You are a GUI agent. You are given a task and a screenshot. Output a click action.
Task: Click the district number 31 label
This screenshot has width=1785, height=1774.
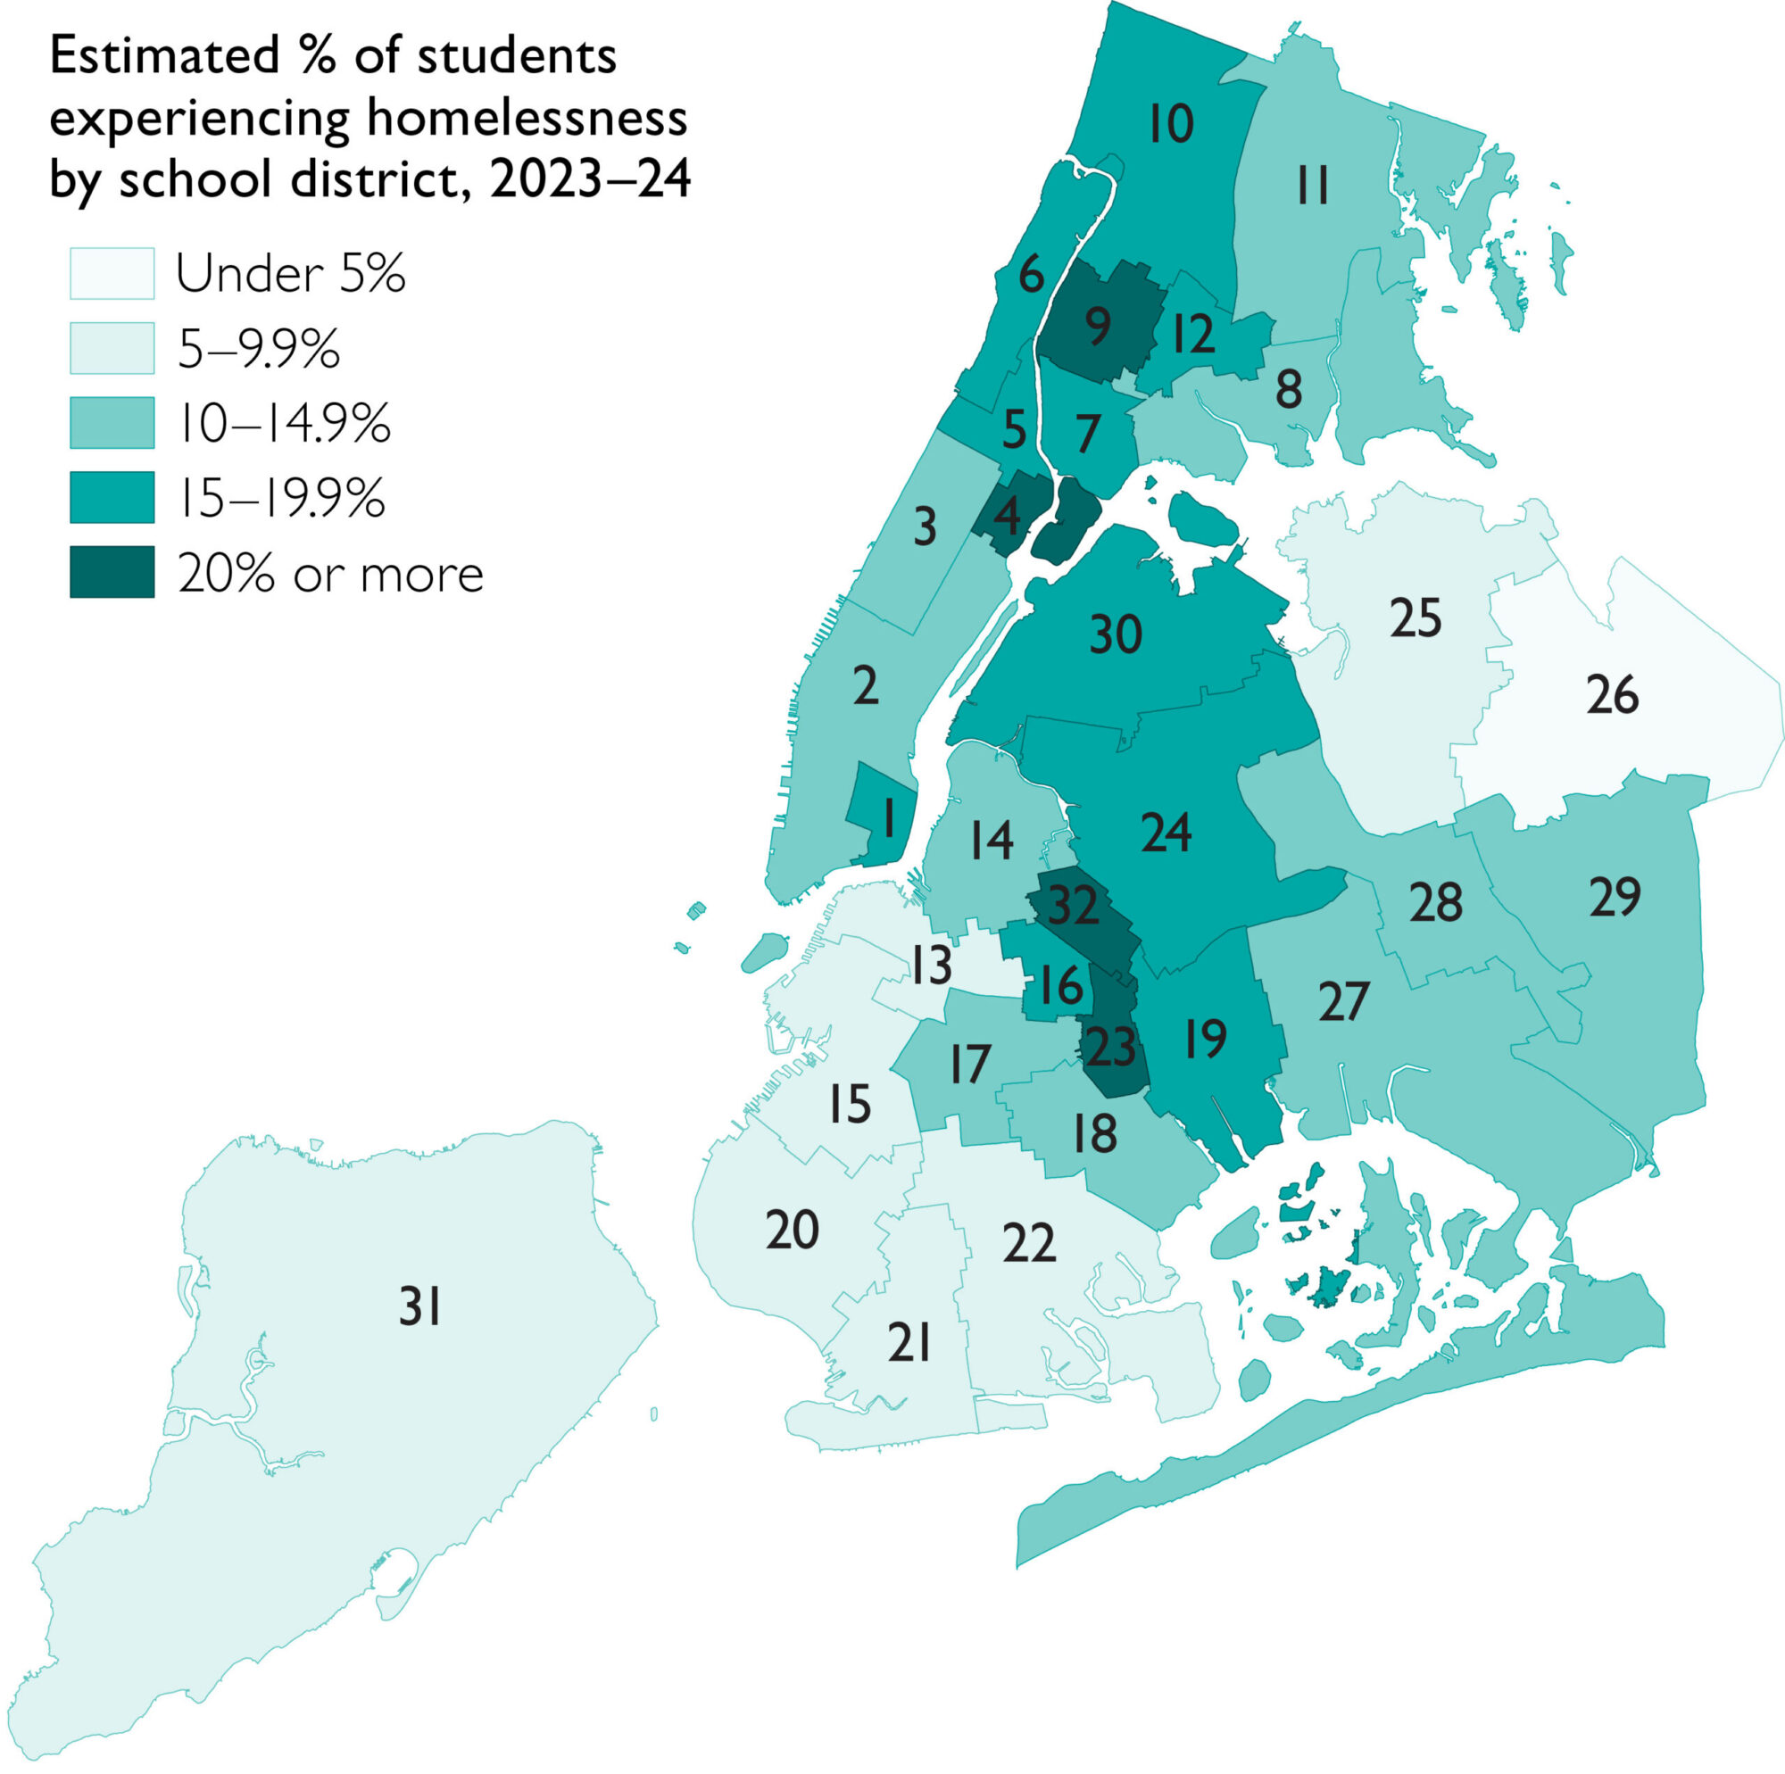click(x=419, y=1307)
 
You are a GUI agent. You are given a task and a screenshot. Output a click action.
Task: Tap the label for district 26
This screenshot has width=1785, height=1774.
click(x=1612, y=695)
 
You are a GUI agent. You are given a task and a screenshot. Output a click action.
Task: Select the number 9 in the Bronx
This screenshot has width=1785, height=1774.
click(x=1098, y=325)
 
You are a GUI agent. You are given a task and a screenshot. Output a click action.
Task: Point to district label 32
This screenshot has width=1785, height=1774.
click(x=1073, y=906)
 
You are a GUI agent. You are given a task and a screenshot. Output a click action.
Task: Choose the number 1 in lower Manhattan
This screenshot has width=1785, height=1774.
click(x=888, y=818)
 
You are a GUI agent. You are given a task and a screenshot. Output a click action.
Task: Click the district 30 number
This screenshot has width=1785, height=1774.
click(x=1115, y=635)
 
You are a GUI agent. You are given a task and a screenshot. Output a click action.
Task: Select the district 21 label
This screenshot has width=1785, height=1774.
click(x=909, y=1342)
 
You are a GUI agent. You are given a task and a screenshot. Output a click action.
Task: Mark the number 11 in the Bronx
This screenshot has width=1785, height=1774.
click(x=1312, y=186)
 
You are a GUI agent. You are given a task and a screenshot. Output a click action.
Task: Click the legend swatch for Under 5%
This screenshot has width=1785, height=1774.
click(x=112, y=273)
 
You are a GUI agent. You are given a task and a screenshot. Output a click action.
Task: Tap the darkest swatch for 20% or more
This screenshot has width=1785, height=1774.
click(x=112, y=573)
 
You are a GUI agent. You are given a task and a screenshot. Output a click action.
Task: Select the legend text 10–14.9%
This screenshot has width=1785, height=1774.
click(x=284, y=424)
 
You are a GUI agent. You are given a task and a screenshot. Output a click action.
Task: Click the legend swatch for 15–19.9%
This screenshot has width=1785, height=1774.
click(x=112, y=498)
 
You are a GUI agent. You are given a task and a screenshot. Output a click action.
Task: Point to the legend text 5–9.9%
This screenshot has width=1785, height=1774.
click(x=259, y=349)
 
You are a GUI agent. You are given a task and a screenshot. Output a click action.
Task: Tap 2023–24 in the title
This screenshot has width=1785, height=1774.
click(x=590, y=178)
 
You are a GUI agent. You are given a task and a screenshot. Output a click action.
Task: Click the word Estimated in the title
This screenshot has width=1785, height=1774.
click(x=163, y=56)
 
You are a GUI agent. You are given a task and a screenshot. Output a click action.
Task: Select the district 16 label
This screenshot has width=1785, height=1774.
click(x=1059, y=986)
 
